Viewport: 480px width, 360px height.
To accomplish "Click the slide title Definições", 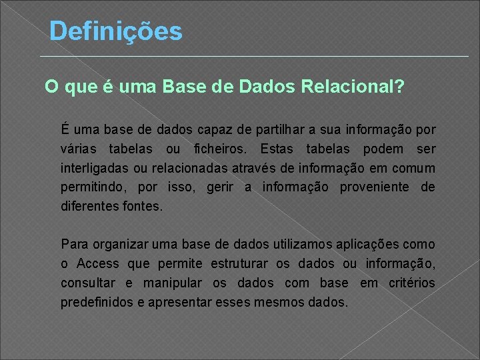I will pyautogui.click(x=115, y=31).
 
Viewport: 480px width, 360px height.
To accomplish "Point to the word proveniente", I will pyautogui.click(x=375, y=187).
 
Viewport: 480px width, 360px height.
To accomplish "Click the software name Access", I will pyautogui.click(x=98, y=263).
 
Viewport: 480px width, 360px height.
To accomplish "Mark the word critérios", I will pyautogui.click(x=411, y=283).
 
